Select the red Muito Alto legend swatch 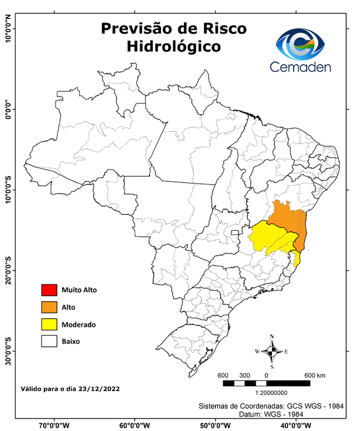coord(49,290)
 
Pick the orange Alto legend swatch coord(49,307)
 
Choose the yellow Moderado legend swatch coord(49,324)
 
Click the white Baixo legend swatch coord(49,341)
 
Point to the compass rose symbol coord(271,351)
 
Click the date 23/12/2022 coord(99,388)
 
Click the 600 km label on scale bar coord(316,375)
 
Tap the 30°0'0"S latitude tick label coord(8,351)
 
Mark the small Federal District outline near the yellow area coord(234,232)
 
